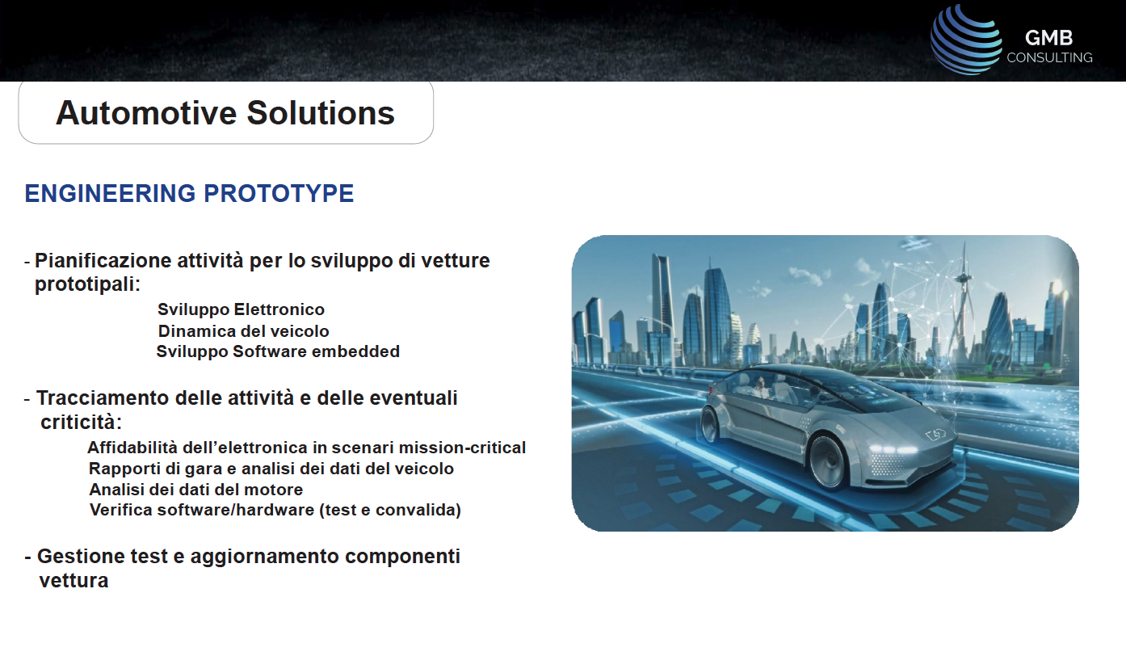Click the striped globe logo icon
point(965,40)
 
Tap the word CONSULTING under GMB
point(1049,57)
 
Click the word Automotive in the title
point(146,112)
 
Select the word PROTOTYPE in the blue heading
point(279,194)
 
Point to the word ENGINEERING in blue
point(110,194)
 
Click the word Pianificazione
point(103,260)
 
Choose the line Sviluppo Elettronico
point(242,309)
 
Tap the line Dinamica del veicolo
point(243,330)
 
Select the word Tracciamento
point(103,398)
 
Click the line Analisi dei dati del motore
point(196,489)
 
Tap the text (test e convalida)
point(390,510)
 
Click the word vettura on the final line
point(74,580)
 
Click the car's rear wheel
point(710,424)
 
